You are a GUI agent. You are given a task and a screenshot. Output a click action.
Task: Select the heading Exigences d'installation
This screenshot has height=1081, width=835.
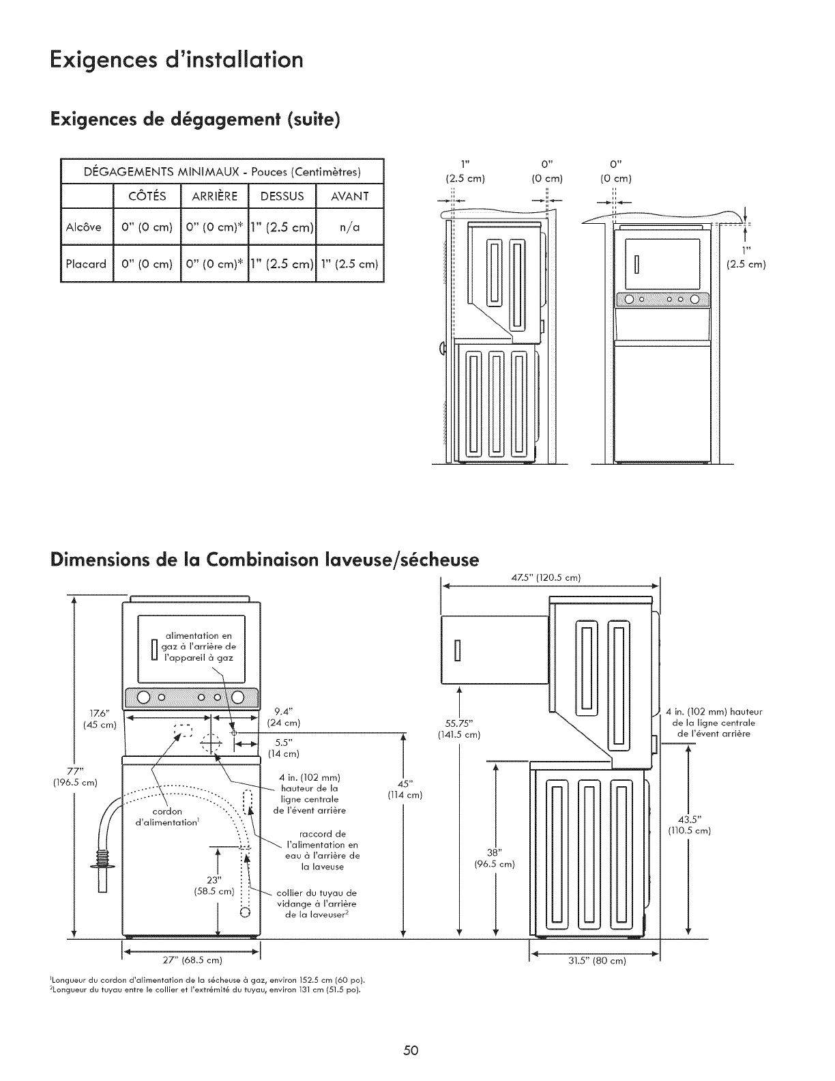click(177, 59)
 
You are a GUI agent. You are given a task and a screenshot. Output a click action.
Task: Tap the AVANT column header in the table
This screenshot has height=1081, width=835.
click(349, 197)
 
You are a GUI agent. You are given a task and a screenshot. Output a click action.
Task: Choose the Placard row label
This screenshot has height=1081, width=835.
click(86, 263)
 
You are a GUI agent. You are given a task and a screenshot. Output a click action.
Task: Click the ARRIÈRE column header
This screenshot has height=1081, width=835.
click(214, 197)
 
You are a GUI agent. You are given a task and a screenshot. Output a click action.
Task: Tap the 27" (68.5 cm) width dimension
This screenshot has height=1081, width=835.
click(190, 961)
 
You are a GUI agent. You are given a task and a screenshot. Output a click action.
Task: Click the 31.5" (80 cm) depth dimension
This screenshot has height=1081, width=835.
click(597, 962)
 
